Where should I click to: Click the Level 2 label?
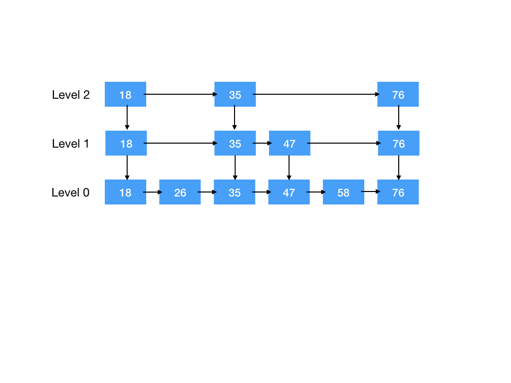[71, 95]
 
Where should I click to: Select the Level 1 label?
[71, 144]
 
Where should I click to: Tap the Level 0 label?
[71, 192]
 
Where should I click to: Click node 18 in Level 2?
[125, 94]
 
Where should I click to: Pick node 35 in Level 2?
[235, 94]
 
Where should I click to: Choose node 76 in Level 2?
[398, 94]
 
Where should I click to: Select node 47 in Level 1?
[289, 143]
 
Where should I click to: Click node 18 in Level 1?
[126, 143]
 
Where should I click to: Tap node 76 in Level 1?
[398, 143]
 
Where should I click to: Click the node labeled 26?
[180, 192]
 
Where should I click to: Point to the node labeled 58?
[343, 192]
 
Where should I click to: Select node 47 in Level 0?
[289, 192]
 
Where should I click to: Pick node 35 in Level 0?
[235, 192]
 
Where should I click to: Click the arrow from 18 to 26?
[153, 191]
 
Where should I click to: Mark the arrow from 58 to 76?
[370, 191]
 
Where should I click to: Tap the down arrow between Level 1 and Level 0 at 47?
[289, 168]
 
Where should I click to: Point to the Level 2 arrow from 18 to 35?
[180, 94]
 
